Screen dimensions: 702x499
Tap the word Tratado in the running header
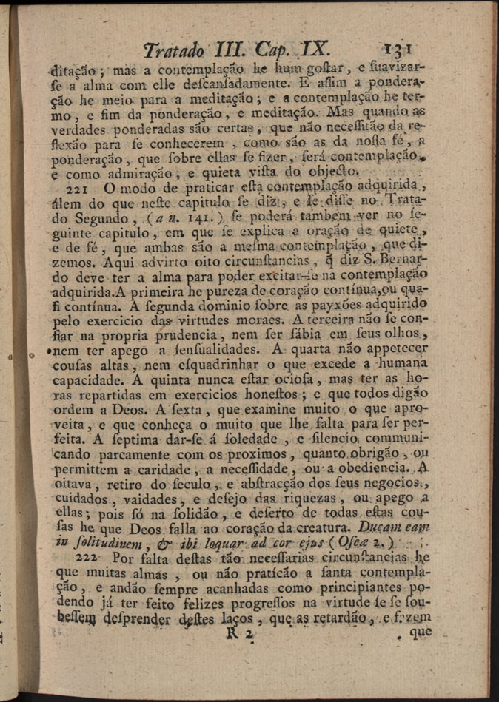(175, 52)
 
